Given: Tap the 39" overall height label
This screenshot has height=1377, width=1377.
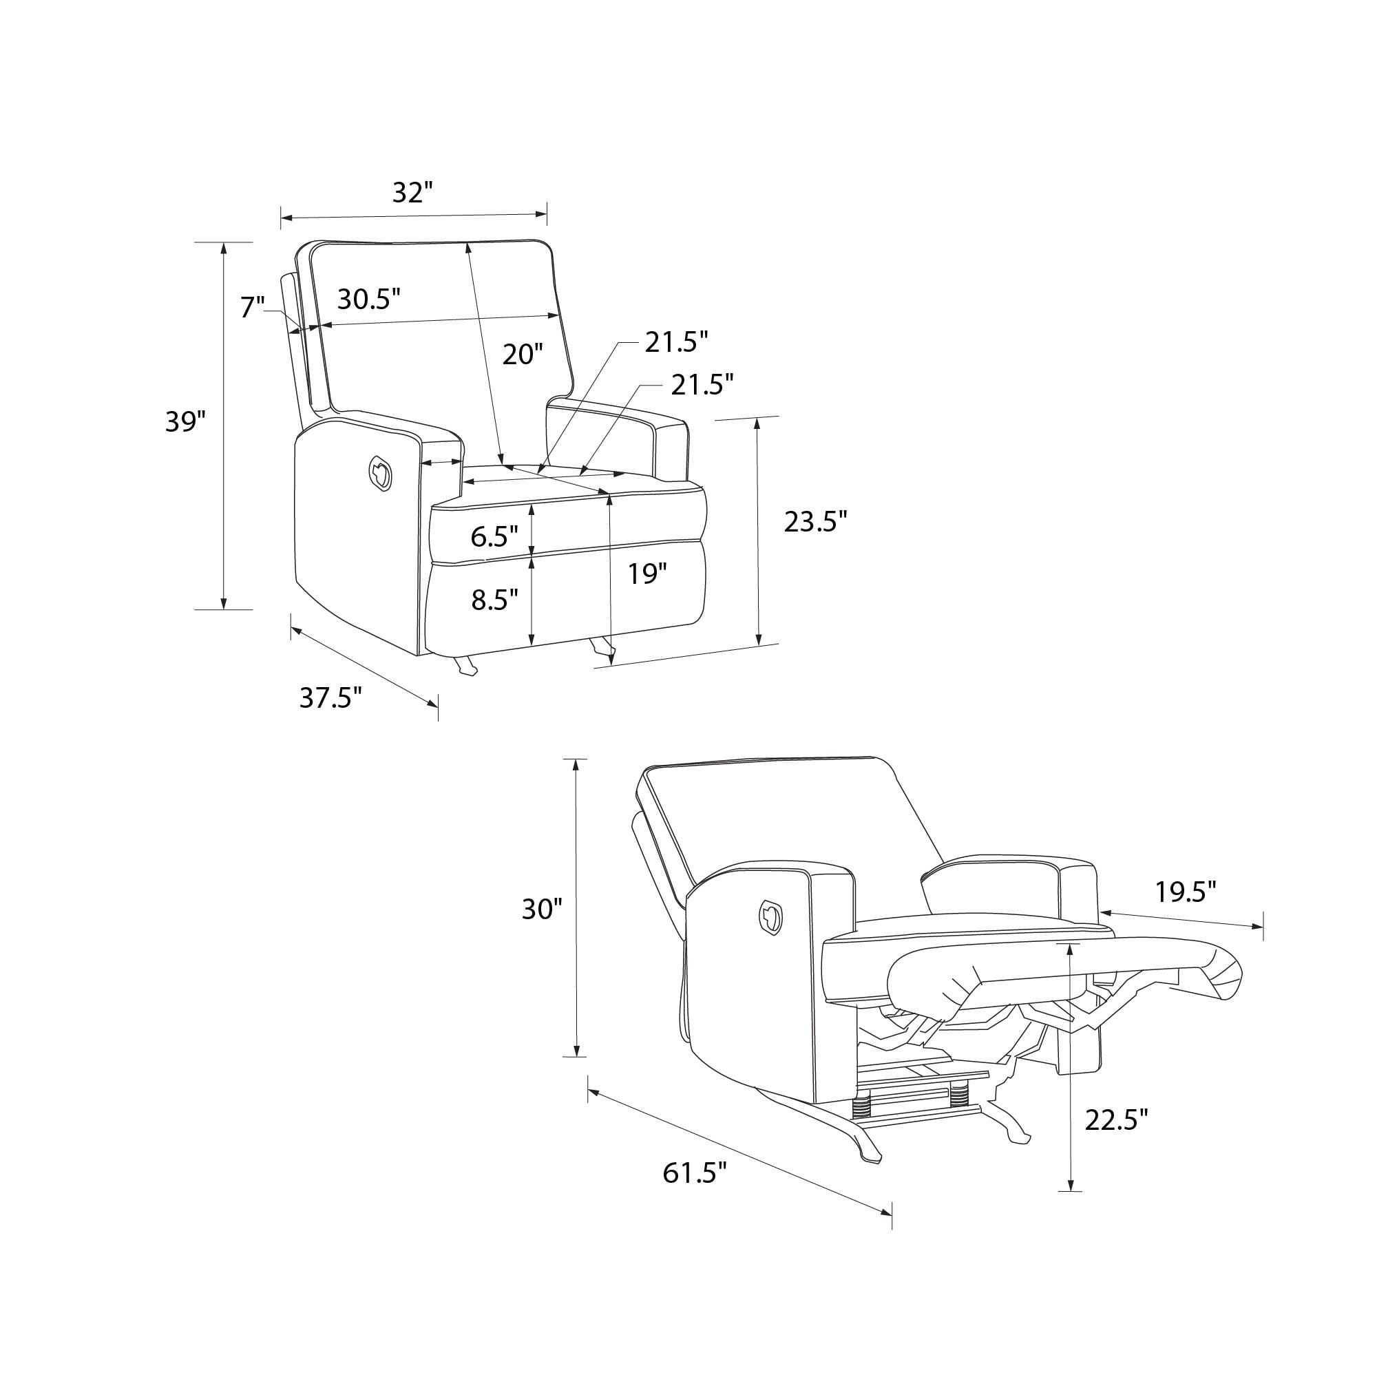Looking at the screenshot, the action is pyautogui.click(x=185, y=421).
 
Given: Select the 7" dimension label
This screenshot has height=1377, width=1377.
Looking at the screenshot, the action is pyautogui.click(x=252, y=307).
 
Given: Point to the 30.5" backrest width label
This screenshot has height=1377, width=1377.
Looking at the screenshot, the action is pyautogui.click(x=368, y=299).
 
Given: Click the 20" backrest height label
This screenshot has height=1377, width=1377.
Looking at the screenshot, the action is pyautogui.click(x=523, y=354).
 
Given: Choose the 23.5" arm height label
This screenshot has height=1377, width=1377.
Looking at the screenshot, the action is pyautogui.click(x=815, y=522).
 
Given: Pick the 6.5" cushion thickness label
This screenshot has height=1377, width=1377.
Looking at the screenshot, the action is pyautogui.click(x=494, y=536).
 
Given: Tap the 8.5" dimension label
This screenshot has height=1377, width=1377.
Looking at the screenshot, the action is pyautogui.click(x=494, y=600).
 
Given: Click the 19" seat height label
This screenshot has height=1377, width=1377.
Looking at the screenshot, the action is pyautogui.click(x=647, y=573).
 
